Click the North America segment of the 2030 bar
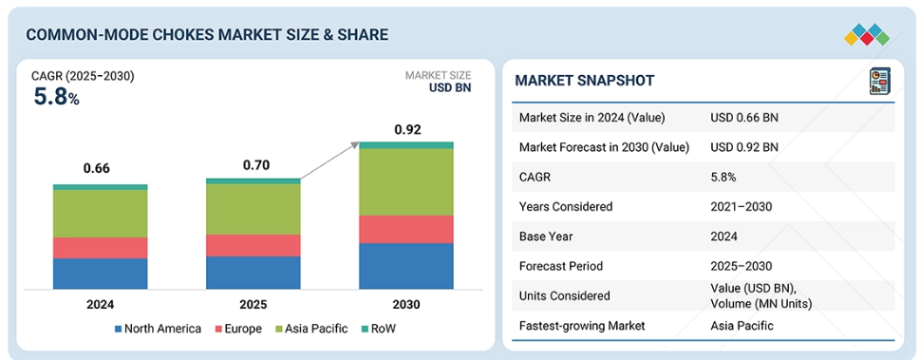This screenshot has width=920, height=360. click(406, 266)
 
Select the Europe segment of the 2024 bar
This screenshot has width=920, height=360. click(101, 248)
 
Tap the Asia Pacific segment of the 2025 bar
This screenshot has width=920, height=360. click(253, 209)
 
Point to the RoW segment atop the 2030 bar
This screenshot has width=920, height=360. click(406, 145)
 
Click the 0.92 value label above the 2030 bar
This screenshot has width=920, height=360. click(406, 129)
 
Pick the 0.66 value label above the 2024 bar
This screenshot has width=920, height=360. click(97, 168)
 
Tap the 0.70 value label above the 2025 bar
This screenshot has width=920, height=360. click(256, 165)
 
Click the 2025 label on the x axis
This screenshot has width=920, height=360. click(253, 305)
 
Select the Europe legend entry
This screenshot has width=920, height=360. click(236, 329)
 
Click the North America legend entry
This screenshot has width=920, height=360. click(158, 329)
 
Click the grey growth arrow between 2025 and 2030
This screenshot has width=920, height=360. click(329, 161)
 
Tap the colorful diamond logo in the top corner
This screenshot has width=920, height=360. click(867, 34)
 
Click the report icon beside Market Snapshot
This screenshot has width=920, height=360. click(879, 81)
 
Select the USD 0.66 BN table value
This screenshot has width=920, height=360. click(744, 118)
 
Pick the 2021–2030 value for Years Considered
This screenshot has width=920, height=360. click(742, 206)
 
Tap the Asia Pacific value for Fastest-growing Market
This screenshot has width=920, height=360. click(742, 326)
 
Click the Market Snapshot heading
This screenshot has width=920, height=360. click(584, 81)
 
